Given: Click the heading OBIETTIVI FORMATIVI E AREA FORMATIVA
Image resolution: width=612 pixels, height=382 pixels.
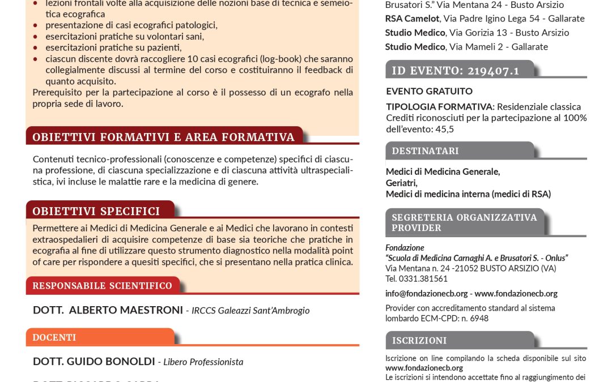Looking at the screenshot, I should coord(164,137).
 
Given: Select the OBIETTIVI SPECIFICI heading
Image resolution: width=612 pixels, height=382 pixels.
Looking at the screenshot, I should coord(96,211).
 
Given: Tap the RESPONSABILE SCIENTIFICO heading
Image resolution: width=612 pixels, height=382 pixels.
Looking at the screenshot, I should coord(103,286).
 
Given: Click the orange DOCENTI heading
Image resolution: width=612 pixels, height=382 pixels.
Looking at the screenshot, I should coord(54,337).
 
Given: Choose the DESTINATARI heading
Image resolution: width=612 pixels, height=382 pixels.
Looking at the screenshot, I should coord(426,151).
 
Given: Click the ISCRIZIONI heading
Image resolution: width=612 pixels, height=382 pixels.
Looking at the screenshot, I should coord(419,341).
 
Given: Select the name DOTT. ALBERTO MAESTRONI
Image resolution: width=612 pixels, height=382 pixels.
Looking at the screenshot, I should coord(108,310).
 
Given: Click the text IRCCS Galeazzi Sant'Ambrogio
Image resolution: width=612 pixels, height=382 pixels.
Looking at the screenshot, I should coord(250,311).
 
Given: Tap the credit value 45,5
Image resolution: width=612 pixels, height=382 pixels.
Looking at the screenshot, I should coord(444,128).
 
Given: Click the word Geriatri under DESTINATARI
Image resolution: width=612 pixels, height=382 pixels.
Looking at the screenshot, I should coord(401,183).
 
